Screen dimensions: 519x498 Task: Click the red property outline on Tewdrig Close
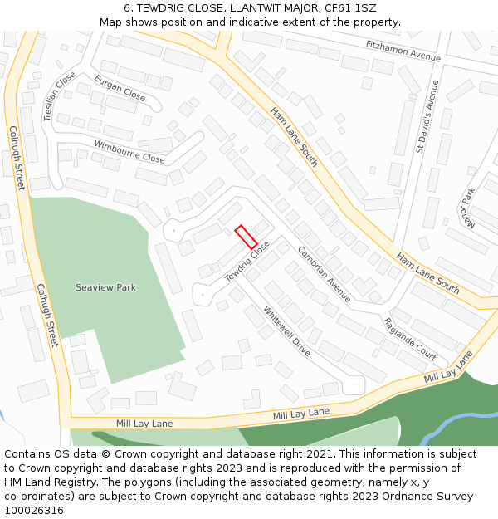click(x=246, y=237)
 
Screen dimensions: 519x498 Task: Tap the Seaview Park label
click(x=105, y=287)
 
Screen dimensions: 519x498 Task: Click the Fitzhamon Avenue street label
click(x=403, y=51)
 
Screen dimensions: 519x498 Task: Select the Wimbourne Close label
click(x=129, y=151)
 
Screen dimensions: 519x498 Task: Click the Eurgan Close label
click(x=120, y=88)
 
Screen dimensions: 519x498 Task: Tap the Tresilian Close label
click(x=59, y=96)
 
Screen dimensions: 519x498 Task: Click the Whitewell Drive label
click(x=286, y=331)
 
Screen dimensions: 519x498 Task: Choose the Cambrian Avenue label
click(x=324, y=274)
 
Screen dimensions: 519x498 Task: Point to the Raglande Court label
click(x=409, y=339)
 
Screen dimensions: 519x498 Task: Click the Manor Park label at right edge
click(x=468, y=208)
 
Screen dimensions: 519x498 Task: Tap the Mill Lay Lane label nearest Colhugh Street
click(x=144, y=424)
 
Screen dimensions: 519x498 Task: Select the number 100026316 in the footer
click(x=32, y=510)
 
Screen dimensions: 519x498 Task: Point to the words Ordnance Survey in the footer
click(x=434, y=496)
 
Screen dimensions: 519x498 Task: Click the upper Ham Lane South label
click(x=294, y=138)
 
